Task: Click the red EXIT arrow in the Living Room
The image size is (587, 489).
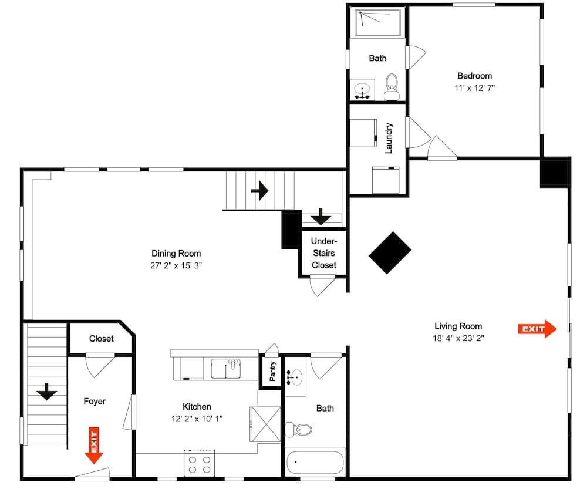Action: pos(537,329)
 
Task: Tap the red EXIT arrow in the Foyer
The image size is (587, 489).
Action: pos(93,446)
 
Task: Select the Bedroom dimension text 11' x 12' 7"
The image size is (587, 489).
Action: pos(474,87)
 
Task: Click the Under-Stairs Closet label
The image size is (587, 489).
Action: pos(323,253)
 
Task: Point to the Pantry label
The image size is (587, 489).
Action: pos(273,372)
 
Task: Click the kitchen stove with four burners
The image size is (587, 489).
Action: pos(200,463)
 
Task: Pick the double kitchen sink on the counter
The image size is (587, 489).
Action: pos(226,369)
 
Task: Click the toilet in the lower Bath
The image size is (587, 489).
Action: pos(299,429)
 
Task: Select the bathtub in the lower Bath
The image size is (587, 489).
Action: pos(316,463)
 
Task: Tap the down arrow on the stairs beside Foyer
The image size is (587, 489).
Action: pos(47,392)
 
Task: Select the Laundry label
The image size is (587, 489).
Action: pos(388,138)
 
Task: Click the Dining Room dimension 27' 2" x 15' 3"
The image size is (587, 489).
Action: pos(176,265)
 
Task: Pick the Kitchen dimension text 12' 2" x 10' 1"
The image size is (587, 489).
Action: pos(197,419)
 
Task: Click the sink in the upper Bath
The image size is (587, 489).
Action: pos(364,91)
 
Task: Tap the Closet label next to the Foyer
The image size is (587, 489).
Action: pos(102,339)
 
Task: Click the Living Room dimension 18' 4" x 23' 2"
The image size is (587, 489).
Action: pos(458,338)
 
